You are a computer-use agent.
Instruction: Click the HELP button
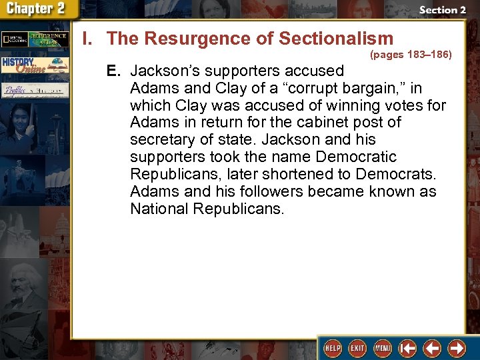click(332, 347)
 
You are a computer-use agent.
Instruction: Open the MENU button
click(383, 347)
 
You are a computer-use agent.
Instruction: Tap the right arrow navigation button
click(457, 347)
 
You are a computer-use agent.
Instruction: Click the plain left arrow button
click(432, 347)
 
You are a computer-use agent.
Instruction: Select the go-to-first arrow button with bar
click(407, 347)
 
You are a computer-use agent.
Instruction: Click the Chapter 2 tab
click(37, 9)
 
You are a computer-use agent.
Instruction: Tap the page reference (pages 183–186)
click(411, 55)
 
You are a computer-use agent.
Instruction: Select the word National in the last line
click(159, 209)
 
